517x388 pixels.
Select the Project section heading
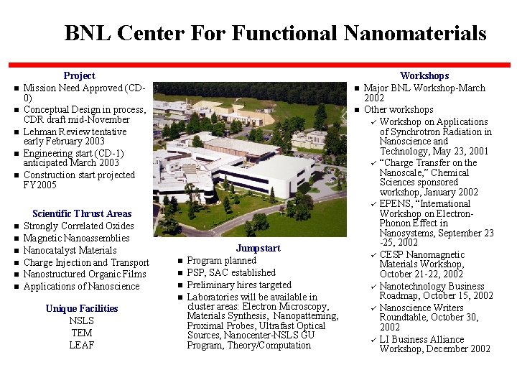[x=79, y=75]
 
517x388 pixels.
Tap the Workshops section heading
[x=424, y=75]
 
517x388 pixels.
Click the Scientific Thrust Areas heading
[x=82, y=213]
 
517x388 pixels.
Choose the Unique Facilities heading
[x=81, y=308]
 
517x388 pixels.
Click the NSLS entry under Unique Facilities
[x=81, y=321]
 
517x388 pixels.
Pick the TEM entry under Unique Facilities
[x=81, y=333]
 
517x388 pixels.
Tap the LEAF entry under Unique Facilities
[x=81, y=346]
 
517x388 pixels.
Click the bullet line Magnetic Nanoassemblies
[x=76, y=238]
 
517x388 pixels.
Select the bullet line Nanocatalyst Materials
[x=70, y=250]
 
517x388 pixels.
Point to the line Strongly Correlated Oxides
[x=78, y=226]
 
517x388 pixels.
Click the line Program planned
[x=221, y=260]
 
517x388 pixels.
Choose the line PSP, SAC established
[x=230, y=272]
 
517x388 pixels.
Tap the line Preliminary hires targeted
[x=239, y=285]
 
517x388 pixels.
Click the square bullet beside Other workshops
[x=357, y=110]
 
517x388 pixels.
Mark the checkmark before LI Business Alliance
[x=373, y=339]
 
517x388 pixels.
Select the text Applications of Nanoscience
[x=81, y=286]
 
